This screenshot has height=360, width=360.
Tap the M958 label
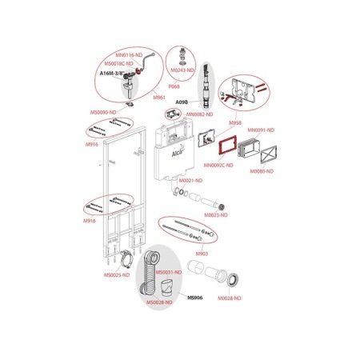coord(235,123)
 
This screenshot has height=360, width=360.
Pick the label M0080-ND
coord(261,171)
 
